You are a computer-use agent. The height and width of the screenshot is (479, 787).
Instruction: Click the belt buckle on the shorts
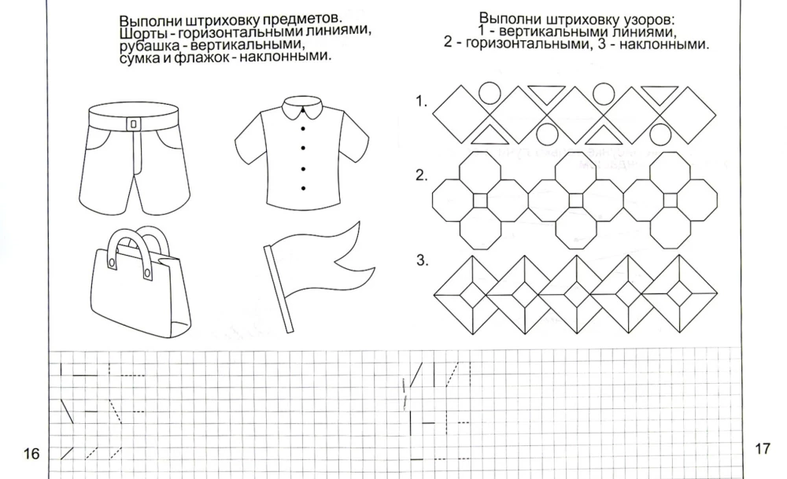[133, 123]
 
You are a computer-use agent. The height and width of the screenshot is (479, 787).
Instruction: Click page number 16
[31, 454]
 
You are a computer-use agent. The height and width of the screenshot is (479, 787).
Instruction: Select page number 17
[761, 449]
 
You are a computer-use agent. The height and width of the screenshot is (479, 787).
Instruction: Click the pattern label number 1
[421, 100]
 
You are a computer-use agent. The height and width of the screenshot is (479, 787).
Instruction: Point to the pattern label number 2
[421, 175]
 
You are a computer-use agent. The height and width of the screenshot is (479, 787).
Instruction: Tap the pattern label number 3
[421, 261]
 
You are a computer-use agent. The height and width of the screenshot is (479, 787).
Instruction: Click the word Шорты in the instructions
[141, 34]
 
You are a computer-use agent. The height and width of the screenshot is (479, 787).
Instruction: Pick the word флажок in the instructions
[206, 57]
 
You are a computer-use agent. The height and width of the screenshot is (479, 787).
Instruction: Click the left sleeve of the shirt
[248, 142]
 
